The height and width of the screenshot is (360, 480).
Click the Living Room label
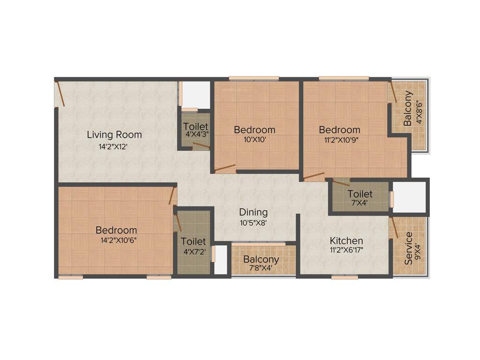[114, 135]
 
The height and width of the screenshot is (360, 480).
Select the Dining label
[253, 212]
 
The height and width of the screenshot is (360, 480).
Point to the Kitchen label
[346, 241]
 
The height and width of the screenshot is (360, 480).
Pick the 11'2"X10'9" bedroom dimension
[339, 140]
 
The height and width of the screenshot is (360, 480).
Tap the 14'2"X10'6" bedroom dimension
[116, 240]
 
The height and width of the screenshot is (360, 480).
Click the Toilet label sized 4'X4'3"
[195, 127]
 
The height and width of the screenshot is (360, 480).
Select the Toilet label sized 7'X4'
[360, 194]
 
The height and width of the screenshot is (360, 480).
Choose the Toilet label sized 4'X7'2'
[193, 242]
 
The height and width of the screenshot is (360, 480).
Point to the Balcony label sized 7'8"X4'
[261, 260]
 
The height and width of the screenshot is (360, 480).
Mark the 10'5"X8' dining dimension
[253, 223]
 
